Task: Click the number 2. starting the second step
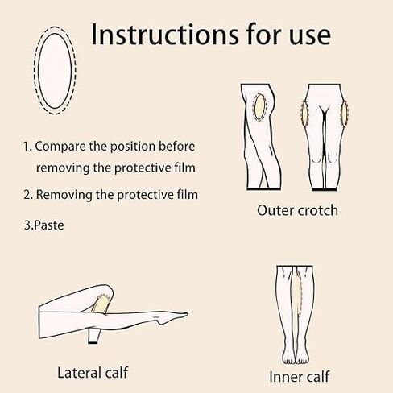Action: tap(27, 195)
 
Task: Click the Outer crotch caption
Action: tap(297, 211)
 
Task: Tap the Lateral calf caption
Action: tap(93, 372)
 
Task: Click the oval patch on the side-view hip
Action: tap(258, 108)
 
